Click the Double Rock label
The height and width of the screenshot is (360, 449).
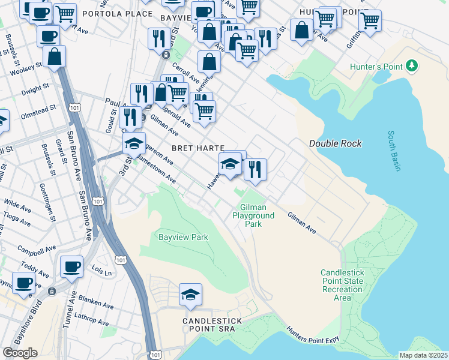click(336, 143)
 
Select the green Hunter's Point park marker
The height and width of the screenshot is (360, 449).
click(412, 65)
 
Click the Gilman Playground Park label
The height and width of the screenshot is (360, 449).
click(253, 215)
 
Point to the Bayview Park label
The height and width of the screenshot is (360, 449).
click(183, 237)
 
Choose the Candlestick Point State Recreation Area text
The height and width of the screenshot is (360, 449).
click(342, 284)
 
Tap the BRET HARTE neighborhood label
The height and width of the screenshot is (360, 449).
click(198, 148)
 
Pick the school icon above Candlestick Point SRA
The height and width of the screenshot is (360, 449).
click(190, 294)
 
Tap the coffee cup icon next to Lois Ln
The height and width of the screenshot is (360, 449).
click(71, 266)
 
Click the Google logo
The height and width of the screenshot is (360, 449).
click(20, 353)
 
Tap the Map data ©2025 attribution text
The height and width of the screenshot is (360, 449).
click(423, 355)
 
